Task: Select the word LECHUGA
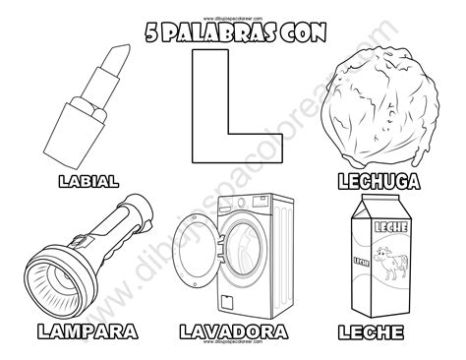379,181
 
